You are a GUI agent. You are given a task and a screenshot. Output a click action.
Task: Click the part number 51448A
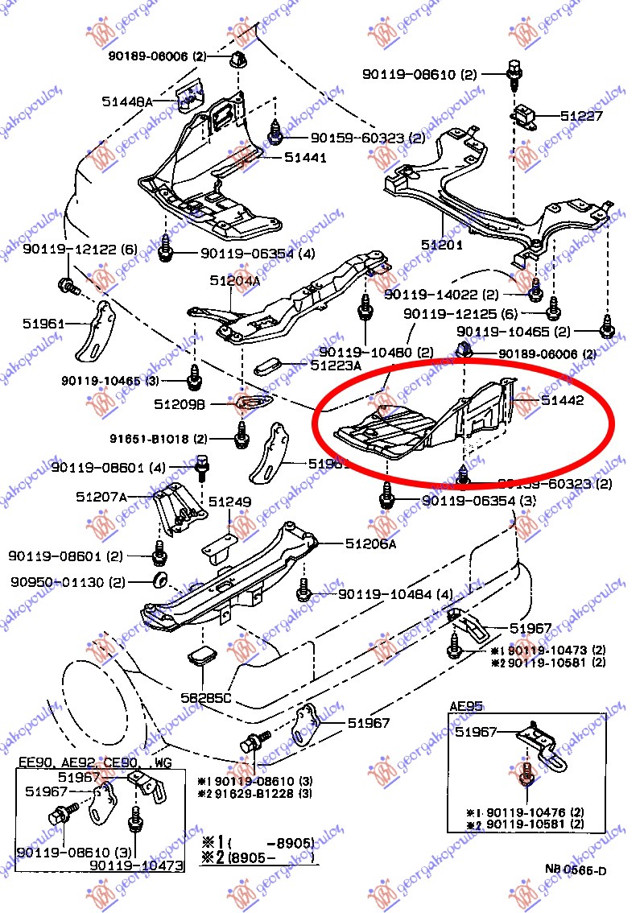click(127, 101)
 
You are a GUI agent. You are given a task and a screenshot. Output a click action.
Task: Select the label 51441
click(305, 158)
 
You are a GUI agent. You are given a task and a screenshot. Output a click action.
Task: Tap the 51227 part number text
click(582, 116)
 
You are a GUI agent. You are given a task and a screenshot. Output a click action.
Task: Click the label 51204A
click(235, 281)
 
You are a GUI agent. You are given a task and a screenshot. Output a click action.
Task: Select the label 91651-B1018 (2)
click(159, 439)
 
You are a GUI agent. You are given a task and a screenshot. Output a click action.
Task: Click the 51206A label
click(371, 543)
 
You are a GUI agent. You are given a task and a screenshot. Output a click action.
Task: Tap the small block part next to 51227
click(529, 114)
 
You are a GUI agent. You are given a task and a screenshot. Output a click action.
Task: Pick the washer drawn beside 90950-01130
click(160, 580)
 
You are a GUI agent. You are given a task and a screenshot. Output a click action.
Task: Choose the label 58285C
click(206, 697)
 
